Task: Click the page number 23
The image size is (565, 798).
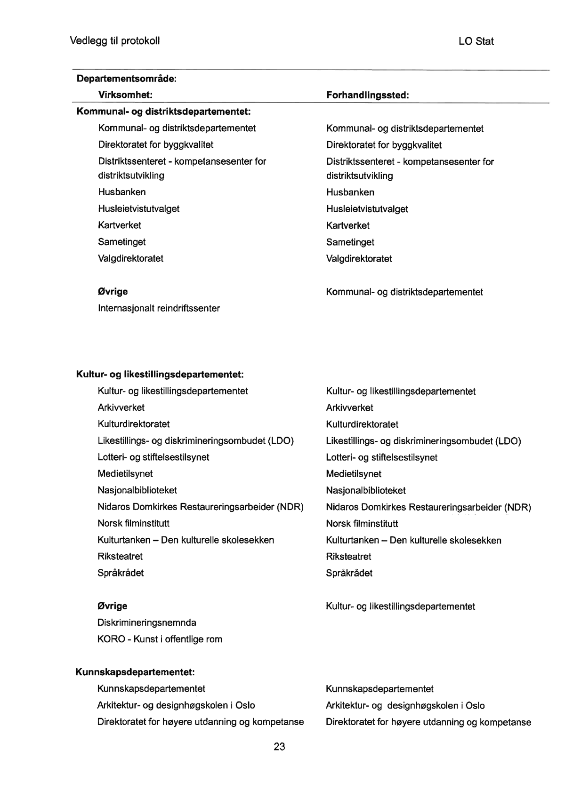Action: tap(279, 747)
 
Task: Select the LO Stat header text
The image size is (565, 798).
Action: tap(476, 41)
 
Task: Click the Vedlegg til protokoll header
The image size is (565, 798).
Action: tap(115, 41)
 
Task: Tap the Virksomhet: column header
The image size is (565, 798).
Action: tap(125, 95)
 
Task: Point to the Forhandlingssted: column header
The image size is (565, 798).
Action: tap(367, 96)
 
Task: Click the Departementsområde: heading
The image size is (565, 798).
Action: tap(127, 78)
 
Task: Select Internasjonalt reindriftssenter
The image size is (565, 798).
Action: tap(159, 309)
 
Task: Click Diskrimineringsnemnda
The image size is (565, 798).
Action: tap(146, 623)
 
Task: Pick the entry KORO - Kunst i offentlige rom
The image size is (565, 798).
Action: tap(160, 639)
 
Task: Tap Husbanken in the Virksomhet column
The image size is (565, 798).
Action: tap(122, 192)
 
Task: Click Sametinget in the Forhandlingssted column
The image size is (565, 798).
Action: tap(350, 242)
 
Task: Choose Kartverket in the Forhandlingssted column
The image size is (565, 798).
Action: tap(347, 226)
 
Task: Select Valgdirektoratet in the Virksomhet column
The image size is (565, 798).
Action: tap(130, 258)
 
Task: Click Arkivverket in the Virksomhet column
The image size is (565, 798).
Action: tap(121, 407)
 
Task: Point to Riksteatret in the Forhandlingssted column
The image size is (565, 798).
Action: tap(348, 557)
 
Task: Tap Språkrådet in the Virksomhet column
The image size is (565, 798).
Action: tap(121, 573)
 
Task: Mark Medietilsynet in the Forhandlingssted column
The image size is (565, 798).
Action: tap(354, 474)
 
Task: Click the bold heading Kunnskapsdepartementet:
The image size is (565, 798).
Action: tap(135, 672)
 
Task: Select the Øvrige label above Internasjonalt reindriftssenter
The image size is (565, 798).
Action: tap(112, 292)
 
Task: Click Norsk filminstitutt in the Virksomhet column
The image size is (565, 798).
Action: tap(133, 523)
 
